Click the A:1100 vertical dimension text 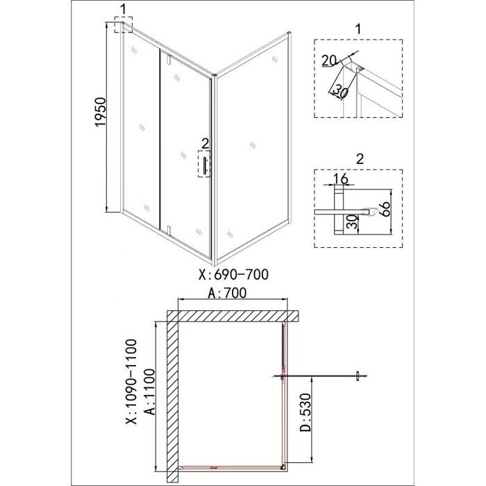click(148, 401)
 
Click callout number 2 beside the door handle click(204, 144)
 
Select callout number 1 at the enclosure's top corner click(122, 10)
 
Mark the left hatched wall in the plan click(172, 399)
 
